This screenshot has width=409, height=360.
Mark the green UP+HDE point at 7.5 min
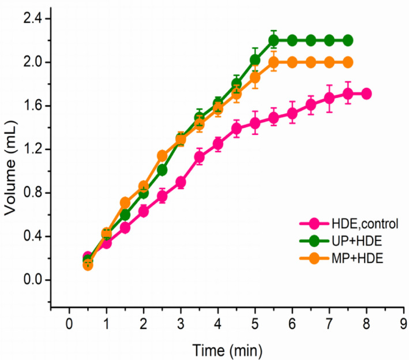click(347, 40)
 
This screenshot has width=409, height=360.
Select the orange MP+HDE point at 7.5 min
click(347, 62)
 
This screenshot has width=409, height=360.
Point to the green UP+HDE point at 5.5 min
click(273, 40)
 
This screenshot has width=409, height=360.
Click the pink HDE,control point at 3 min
click(181, 182)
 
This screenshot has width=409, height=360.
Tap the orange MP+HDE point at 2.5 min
click(162, 156)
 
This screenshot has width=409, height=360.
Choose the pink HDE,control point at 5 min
click(255, 123)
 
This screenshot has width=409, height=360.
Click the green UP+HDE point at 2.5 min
click(162, 170)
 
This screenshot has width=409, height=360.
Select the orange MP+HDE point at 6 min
click(292, 62)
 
